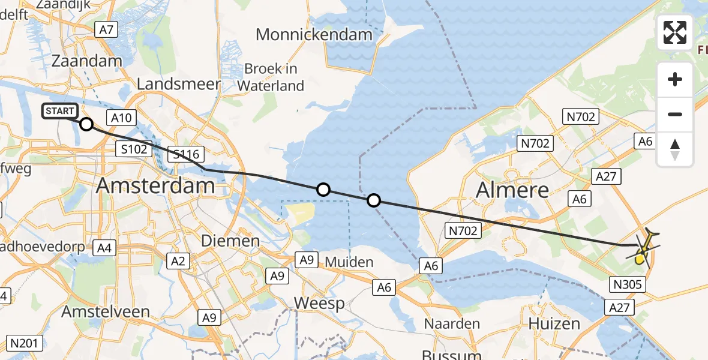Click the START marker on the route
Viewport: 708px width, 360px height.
point(60,111)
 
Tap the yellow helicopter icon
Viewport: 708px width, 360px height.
point(643,248)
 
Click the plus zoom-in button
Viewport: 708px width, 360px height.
point(675,79)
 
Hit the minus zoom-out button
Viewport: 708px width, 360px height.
point(675,114)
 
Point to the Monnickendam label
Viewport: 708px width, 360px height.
point(314,34)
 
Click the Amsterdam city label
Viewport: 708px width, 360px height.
point(155,185)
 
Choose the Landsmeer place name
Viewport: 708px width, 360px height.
point(179,84)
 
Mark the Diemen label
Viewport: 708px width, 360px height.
point(230,241)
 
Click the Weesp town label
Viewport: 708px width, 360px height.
point(319,304)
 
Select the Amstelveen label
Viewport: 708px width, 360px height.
point(106,312)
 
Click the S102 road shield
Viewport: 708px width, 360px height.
point(133,149)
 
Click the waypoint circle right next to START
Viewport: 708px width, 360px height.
point(86,124)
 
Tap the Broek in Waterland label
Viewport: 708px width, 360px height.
point(271,77)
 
